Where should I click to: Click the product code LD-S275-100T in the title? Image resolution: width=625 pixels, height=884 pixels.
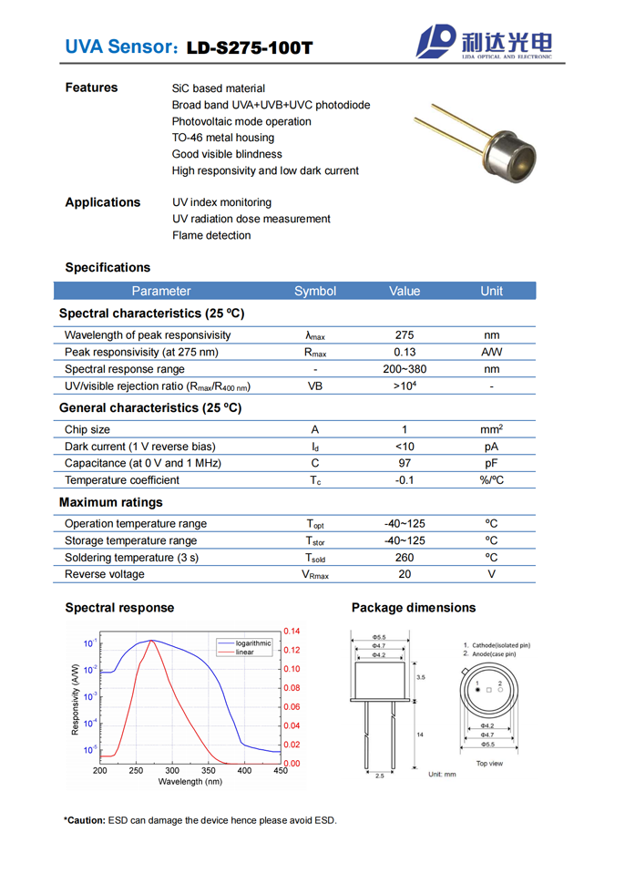tap(249, 46)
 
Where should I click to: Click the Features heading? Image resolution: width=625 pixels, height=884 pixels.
tap(91, 87)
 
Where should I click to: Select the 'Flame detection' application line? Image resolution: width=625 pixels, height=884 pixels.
tap(211, 235)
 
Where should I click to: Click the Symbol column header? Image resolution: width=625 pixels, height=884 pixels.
tap(315, 291)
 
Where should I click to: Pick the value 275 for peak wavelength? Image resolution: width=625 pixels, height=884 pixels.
tap(405, 334)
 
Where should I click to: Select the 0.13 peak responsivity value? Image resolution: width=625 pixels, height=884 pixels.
tap(405, 352)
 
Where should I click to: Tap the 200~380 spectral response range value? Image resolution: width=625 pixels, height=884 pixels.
tap(405, 369)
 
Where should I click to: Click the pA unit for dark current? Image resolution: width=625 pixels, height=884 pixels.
tap(491, 447)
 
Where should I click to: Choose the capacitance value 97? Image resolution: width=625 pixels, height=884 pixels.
tap(405, 463)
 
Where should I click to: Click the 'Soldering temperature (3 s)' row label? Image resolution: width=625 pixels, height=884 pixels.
tap(131, 558)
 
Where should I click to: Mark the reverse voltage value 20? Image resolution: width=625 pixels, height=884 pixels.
tap(405, 574)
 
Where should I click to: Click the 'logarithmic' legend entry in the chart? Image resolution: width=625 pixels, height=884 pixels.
tap(252, 643)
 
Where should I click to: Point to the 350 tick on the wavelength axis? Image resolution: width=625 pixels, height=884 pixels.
tap(209, 770)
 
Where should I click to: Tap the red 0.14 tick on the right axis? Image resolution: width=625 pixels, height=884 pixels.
tap(292, 632)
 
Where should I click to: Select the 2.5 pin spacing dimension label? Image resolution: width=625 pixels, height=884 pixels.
tap(379, 776)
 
